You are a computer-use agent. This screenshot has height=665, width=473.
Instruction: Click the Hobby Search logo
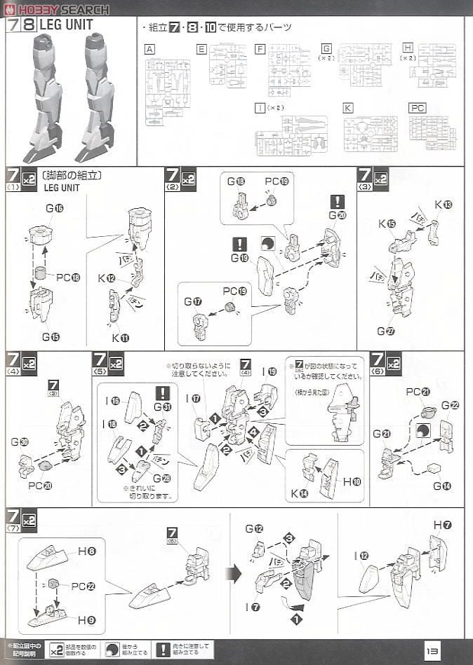pyautogui.click(x=56, y=9)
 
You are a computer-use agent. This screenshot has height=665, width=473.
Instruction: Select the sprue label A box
pyautogui.click(x=149, y=49)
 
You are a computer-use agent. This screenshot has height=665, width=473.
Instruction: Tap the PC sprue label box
pyautogui.click(x=417, y=109)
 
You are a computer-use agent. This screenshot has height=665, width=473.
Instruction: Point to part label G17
pyautogui.click(x=193, y=301)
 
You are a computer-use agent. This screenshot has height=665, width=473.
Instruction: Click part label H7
pyautogui.click(x=442, y=525)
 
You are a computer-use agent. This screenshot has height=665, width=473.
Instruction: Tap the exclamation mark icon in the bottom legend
pyautogui.click(x=163, y=650)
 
